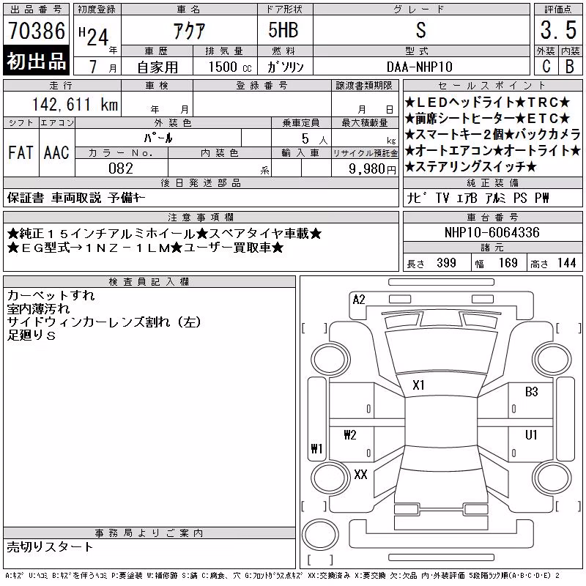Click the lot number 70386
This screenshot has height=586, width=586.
37,31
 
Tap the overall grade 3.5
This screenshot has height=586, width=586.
558,30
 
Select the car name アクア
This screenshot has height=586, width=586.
189,31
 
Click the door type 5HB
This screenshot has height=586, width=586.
283,30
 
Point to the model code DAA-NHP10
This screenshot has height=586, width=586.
419,67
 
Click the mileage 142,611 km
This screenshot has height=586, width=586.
75,104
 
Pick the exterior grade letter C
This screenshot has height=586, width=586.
546,67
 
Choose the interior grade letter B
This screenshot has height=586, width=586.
570,67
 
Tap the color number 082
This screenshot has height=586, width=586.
121,168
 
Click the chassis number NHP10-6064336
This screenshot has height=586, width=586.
492,232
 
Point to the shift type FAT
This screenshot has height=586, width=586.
21,152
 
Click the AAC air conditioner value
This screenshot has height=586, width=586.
56,152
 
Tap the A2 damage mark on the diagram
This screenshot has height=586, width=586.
359,300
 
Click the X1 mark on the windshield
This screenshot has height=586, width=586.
418,385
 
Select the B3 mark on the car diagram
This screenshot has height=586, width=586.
531,392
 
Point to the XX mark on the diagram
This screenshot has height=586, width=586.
360,475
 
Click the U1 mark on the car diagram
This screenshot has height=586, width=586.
531,434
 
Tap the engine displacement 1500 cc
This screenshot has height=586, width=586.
230,67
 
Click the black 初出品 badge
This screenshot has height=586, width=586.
36,61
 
